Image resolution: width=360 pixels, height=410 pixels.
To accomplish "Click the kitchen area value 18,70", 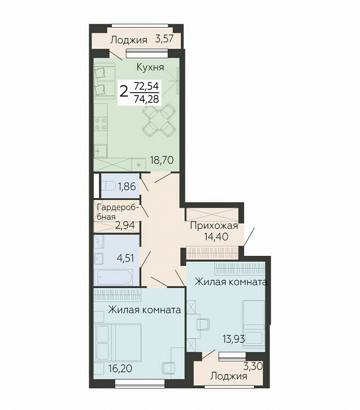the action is [162, 160].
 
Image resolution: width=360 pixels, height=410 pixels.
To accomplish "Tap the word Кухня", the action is [150, 67].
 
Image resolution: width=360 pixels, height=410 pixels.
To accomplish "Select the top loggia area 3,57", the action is [164, 39].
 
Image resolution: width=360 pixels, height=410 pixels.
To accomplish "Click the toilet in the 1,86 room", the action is [108, 186].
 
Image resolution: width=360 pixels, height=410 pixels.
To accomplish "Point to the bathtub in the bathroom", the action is [115, 277].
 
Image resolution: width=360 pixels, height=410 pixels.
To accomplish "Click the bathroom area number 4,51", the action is [125, 258].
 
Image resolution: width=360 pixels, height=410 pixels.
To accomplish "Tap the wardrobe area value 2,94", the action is [125, 225].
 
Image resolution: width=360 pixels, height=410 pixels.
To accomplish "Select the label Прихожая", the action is [214, 226].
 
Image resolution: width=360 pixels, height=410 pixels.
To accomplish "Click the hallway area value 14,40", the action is [216, 237].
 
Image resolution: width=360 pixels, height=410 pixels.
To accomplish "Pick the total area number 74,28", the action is [146, 99].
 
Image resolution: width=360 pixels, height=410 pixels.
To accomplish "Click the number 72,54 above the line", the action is [146, 86].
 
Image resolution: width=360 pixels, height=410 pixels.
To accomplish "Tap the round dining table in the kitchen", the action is [159, 121].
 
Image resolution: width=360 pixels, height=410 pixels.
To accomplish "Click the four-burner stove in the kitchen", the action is [101, 124].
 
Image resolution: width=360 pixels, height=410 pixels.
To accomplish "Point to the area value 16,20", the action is [120, 369].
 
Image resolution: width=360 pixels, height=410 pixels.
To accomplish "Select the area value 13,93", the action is [233, 339].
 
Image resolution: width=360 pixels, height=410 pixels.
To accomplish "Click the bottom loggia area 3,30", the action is [253, 366].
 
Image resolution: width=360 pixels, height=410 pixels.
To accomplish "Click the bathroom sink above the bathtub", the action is [99, 259].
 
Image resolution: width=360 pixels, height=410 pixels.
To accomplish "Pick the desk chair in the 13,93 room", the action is [203, 325].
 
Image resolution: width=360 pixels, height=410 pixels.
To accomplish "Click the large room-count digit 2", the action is [124, 92].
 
